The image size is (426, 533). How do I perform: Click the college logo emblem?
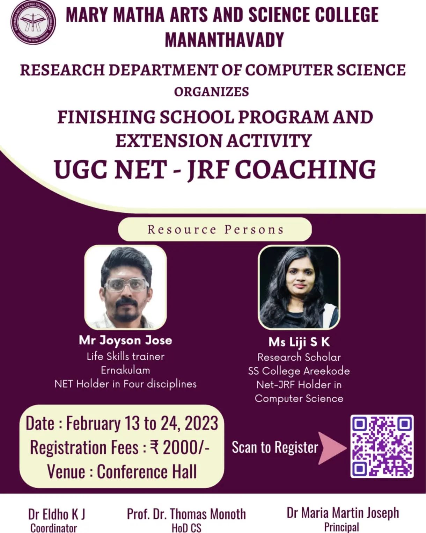coord(33,22)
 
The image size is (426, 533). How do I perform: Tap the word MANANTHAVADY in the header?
coord(224,39)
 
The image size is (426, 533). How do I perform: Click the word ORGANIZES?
coord(211,92)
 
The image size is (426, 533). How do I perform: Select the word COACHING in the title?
coord(305,170)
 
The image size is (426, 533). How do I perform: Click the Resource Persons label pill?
coord(215,229)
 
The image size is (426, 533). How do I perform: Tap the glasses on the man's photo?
coord(126,284)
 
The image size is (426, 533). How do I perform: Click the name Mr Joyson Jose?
coord(125,340)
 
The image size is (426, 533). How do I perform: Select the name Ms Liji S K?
coord(299,342)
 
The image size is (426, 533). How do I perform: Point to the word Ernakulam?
coord(125,370)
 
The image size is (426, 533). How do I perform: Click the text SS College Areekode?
coord(299,371)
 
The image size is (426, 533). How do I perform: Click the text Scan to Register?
coord(275,447)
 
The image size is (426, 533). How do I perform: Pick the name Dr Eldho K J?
coord(57,514)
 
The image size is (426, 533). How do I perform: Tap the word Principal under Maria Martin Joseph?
coord(341,528)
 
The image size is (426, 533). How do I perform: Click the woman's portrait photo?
coord(299,287)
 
